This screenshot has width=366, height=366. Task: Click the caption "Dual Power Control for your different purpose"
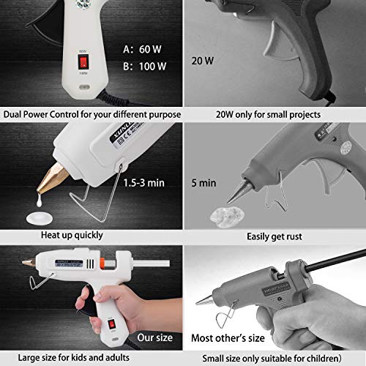[91, 113]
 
